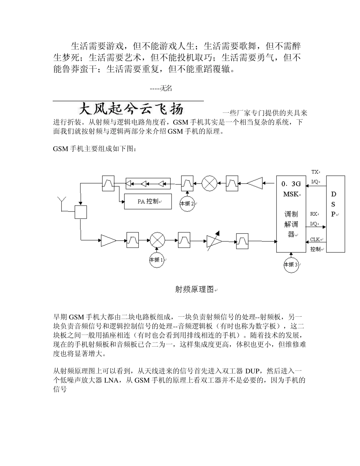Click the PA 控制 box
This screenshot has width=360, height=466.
(x=148, y=202)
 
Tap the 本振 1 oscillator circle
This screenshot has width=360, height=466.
(x=157, y=260)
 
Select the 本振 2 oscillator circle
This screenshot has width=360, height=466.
(x=187, y=203)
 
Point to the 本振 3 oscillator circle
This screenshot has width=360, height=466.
(x=291, y=264)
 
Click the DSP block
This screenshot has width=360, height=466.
(x=335, y=214)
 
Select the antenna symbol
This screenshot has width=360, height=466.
(x=62, y=201)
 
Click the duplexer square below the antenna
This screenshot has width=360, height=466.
(x=81, y=212)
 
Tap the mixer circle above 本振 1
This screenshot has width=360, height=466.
(x=157, y=240)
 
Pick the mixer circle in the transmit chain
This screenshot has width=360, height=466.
(x=209, y=183)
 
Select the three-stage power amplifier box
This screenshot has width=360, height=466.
(x=148, y=184)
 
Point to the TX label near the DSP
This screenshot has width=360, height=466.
(x=315, y=172)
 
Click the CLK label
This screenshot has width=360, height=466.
(x=315, y=239)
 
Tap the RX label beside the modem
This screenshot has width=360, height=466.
(x=314, y=214)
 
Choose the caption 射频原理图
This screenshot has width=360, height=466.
(x=194, y=289)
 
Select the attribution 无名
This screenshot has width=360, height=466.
(x=166, y=88)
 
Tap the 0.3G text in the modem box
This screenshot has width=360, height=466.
(x=291, y=184)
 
